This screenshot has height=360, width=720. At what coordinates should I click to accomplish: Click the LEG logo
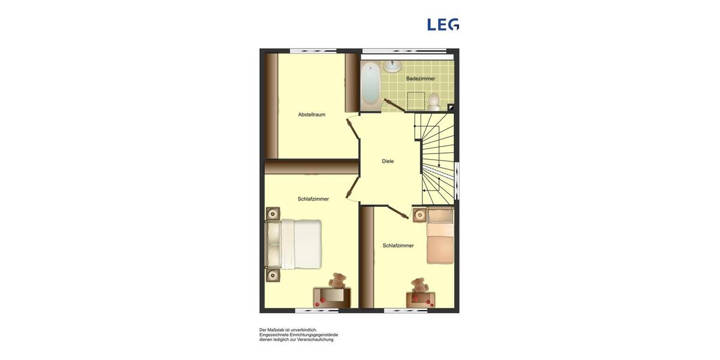point(443,25)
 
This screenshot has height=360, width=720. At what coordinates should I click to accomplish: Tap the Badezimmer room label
point(421,79)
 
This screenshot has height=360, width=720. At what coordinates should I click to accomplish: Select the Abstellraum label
point(311,115)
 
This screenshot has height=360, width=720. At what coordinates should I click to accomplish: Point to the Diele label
point(388,161)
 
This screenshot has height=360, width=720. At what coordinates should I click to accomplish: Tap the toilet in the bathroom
point(434,102)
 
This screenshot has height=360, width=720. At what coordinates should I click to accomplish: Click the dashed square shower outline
point(416,101)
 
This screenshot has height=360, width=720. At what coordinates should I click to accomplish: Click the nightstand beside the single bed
point(419,215)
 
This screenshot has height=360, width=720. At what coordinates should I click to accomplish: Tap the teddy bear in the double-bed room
point(338,280)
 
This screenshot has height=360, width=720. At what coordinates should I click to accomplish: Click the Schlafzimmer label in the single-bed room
point(398,245)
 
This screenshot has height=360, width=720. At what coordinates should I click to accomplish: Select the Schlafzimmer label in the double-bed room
point(313,199)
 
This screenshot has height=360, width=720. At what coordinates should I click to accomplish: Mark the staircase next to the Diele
point(436,158)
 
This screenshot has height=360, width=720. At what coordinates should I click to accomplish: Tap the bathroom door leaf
point(394,105)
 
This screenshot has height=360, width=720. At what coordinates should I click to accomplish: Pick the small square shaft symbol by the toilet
point(451,108)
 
